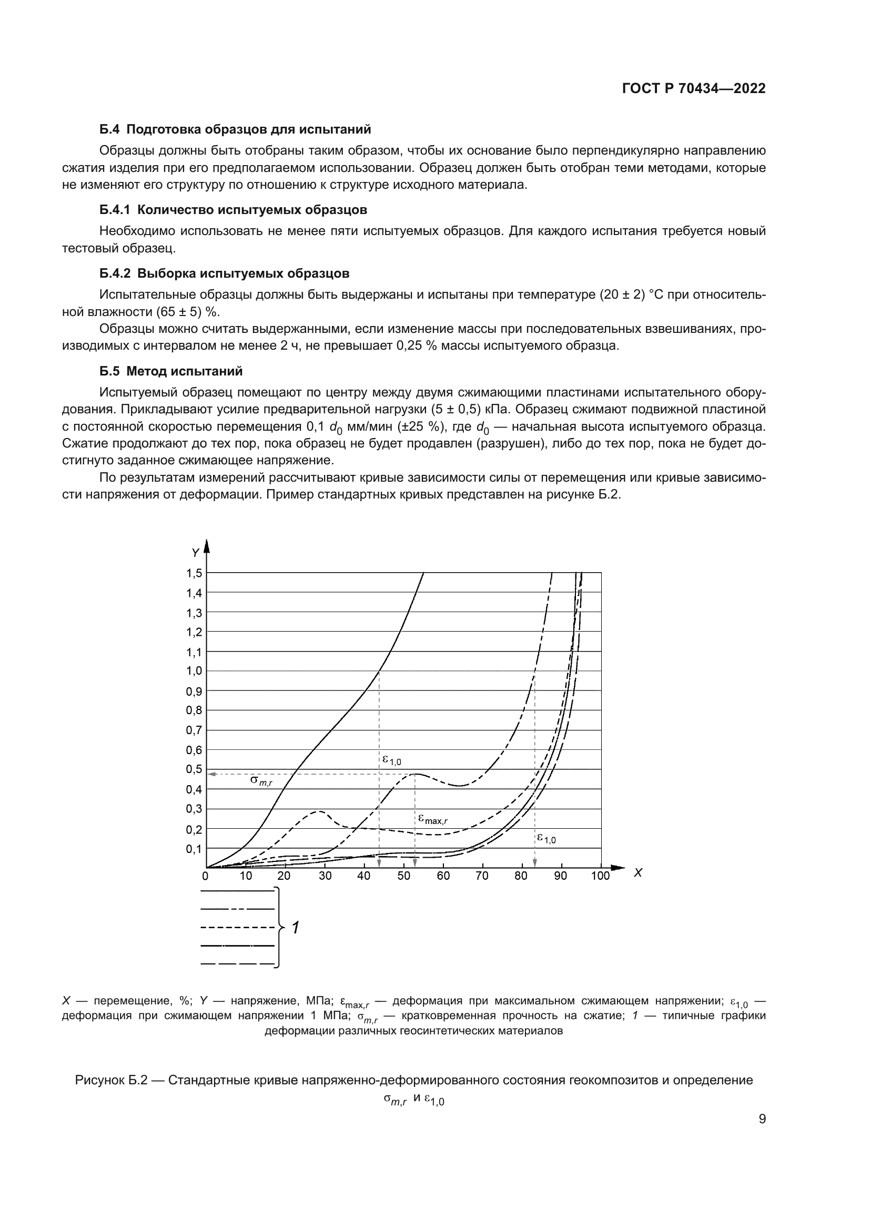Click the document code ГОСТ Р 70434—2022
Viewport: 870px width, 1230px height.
(x=694, y=88)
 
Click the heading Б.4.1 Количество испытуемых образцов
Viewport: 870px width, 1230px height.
(x=233, y=209)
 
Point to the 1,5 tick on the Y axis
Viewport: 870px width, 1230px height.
(x=194, y=573)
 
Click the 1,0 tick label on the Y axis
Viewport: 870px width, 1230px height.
(x=194, y=670)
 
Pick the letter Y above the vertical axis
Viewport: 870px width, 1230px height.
(x=196, y=552)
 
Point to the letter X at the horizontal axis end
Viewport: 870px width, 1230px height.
(x=638, y=873)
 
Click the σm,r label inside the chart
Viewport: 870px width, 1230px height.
(x=261, y=780)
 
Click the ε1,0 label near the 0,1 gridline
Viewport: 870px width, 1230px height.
(x=547, y=838)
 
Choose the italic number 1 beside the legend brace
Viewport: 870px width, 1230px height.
(x=295, y=927)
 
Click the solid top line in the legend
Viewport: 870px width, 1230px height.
(x=237, y=891)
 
